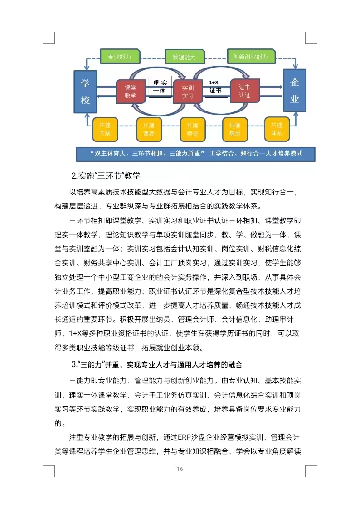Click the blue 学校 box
[85, 92]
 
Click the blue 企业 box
[295, 90]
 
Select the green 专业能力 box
[119, 57]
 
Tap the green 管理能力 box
[184, 57]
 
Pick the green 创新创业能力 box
[251, 57]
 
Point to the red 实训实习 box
[188, 92]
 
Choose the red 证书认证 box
[245, 91]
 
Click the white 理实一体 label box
[160, 87]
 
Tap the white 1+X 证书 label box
[215, 86]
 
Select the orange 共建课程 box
[149, 130]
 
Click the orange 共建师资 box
[193, 130]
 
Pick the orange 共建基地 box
[234, 130]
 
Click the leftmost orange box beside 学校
[105, 130]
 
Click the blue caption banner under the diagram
[195, 154]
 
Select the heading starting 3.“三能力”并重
[156, 364]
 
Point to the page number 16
[180, 469]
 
